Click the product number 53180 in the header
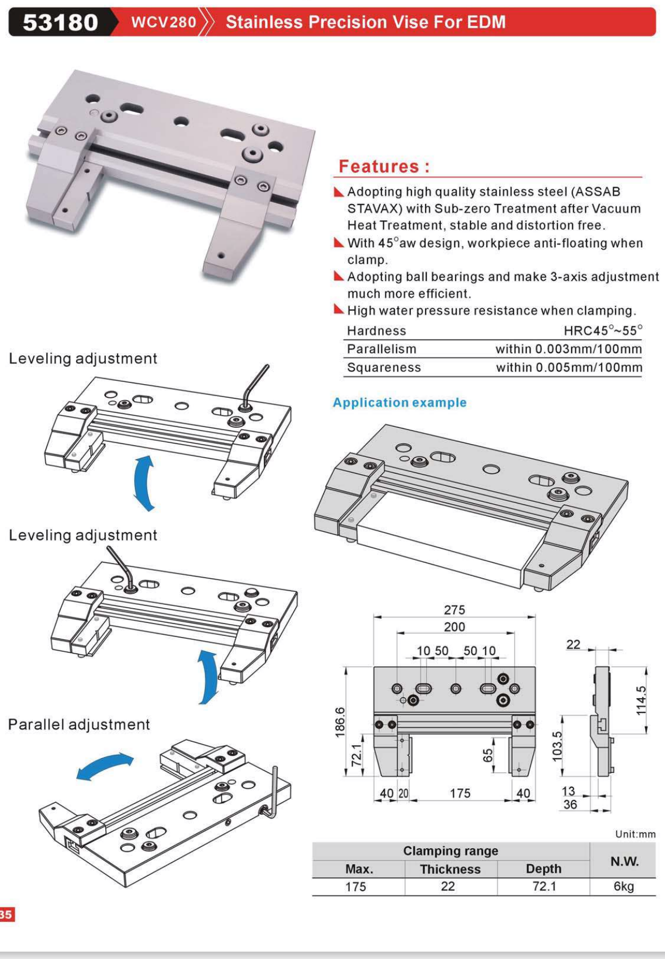60,22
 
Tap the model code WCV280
164,22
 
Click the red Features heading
384,166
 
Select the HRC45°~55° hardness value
603,330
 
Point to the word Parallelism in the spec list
381,349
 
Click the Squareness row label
384,368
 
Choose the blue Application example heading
400,403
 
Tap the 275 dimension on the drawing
454,610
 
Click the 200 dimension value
454,627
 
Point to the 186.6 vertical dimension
340,722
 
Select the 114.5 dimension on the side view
641,700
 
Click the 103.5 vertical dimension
557,746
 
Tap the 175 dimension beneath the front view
460,793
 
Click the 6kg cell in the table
623,887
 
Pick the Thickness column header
450,869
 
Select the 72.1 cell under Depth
544,887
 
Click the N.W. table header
624,861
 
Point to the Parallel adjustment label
79,725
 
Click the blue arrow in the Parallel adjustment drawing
105,766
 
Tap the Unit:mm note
635,834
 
